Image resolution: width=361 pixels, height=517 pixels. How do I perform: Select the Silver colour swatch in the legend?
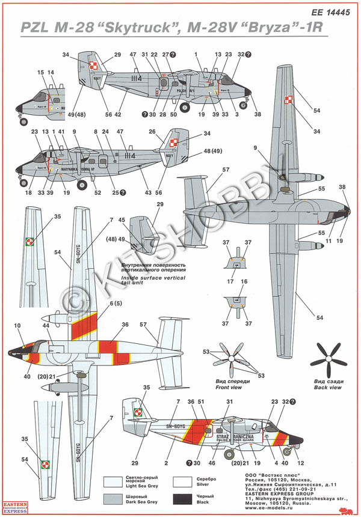click(184, 481)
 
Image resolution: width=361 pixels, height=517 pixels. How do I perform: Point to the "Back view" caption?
click(327, 388)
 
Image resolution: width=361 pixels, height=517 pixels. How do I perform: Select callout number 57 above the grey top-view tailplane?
click(226, 170)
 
